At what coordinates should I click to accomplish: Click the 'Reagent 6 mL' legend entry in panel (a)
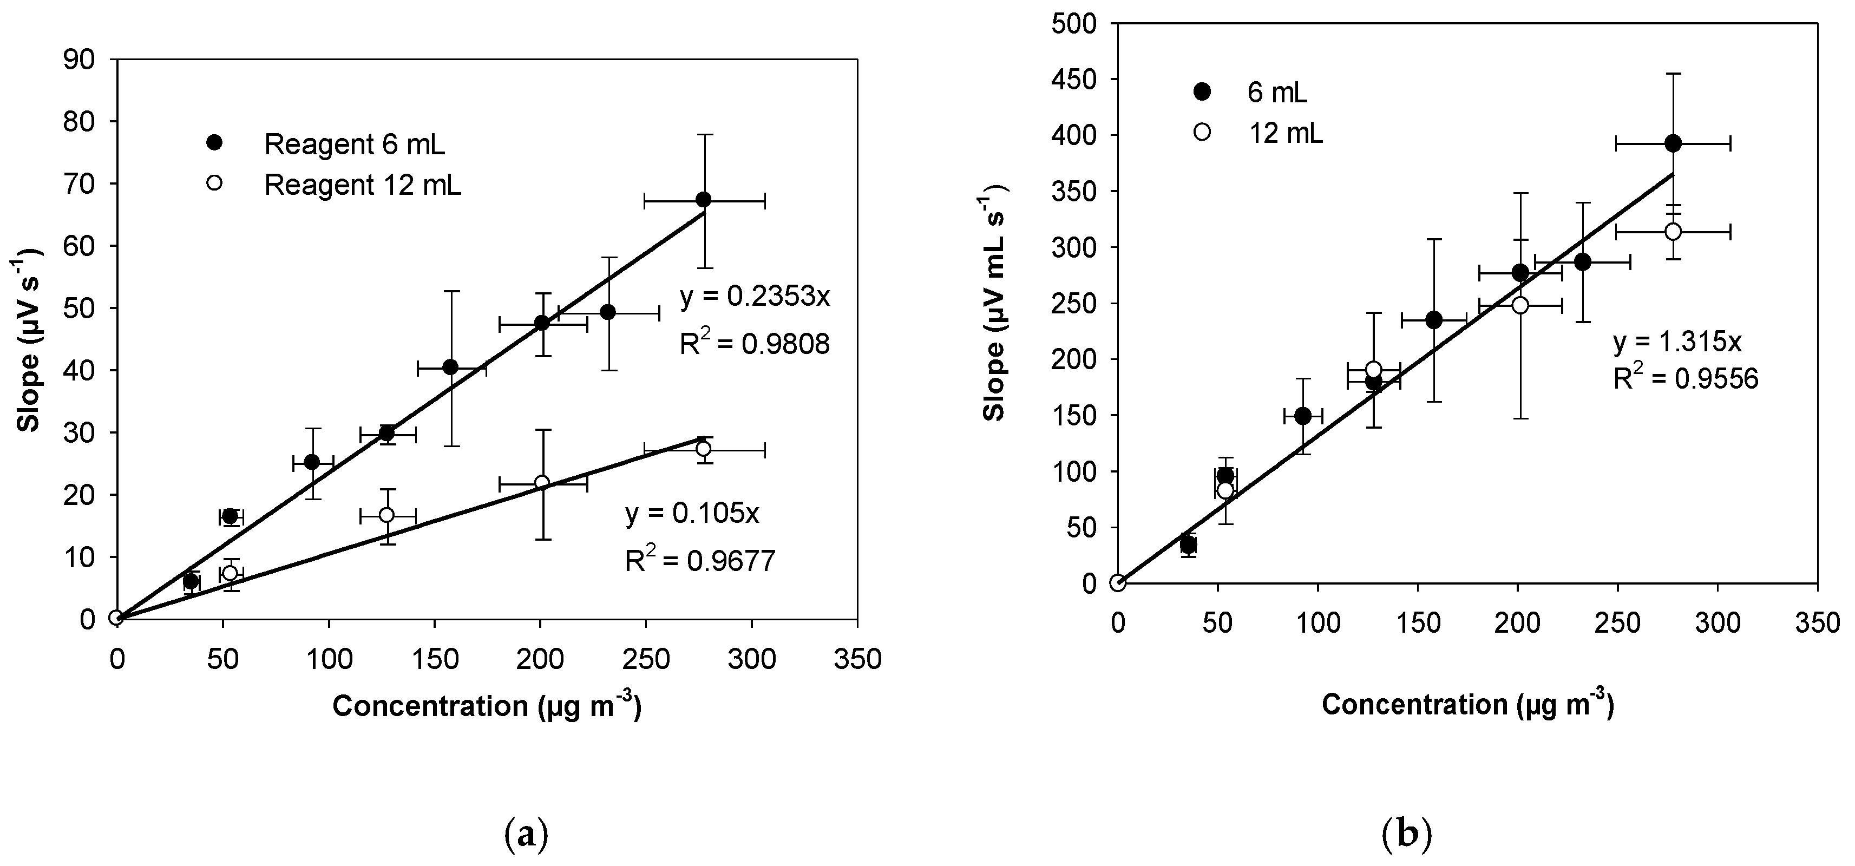(355, 145)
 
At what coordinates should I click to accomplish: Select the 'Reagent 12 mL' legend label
(362, 185)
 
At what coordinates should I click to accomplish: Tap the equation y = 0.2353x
(755, 297)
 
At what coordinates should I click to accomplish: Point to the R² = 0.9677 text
(699, 561)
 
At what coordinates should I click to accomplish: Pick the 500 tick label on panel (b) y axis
(1072, 23)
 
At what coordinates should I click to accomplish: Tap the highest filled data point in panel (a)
(704, 199)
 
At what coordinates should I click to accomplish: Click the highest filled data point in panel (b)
(1673, 143)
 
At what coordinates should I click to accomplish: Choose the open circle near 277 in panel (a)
(704, 449)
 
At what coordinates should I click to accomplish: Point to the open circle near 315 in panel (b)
(1673, 231)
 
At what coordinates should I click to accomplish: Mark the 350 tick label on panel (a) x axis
(856, 659)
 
